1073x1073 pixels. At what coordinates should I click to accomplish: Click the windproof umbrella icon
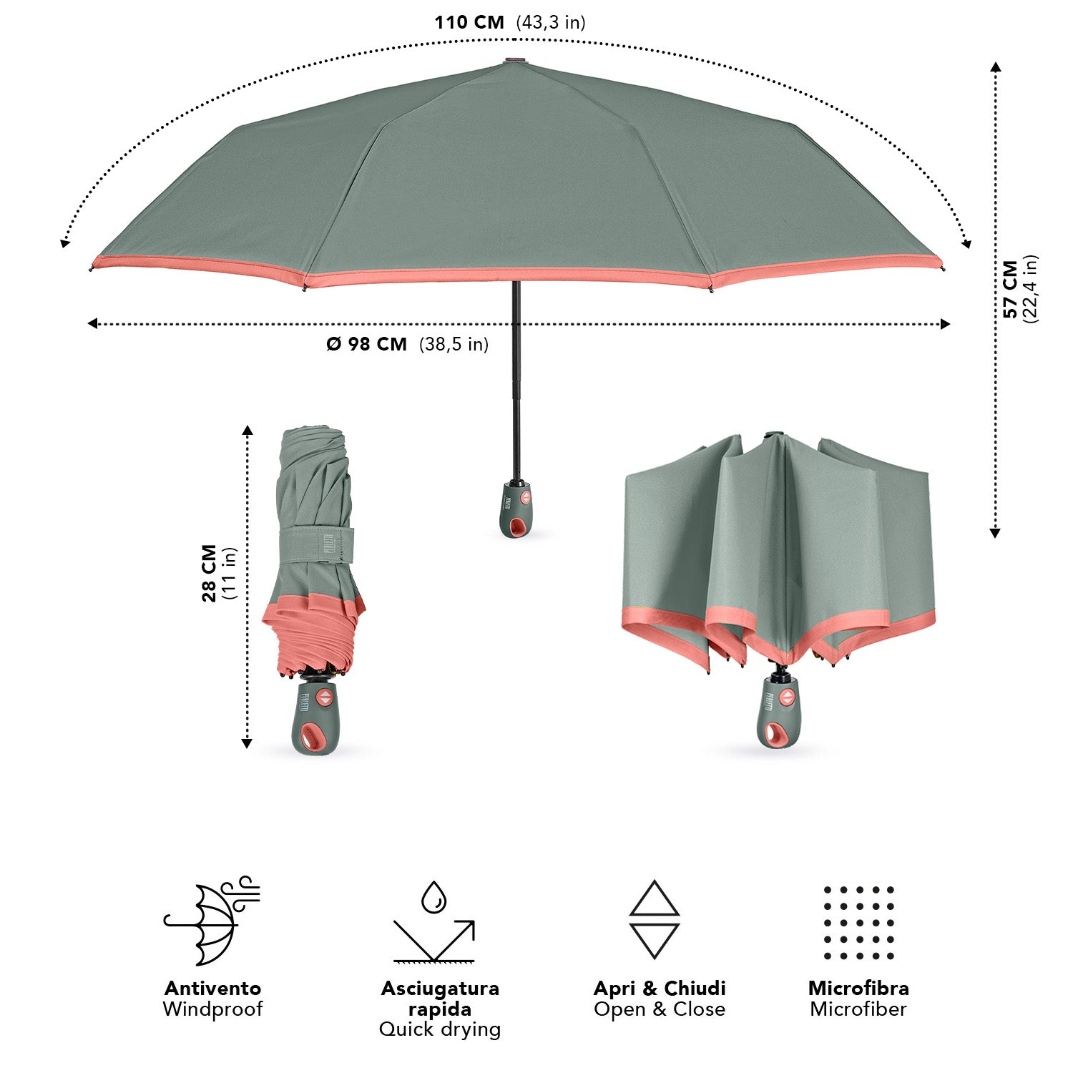212,921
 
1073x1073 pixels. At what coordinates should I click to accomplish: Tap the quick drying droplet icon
433,922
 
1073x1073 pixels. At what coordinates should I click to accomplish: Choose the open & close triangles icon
655,919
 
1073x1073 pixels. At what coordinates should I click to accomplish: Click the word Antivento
212,989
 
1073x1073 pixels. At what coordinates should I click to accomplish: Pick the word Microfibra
858,989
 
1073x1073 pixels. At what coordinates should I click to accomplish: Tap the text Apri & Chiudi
660,989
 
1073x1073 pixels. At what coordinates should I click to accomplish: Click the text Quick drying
440,1029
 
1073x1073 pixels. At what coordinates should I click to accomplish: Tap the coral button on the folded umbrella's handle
325,697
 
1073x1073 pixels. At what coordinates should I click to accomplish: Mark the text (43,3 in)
551,22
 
